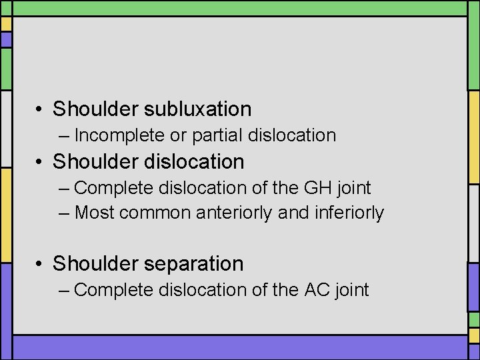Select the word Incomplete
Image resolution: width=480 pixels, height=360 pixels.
click(x=119, y=135)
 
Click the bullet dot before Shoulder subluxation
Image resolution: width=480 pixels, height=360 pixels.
click(x=41, y=109)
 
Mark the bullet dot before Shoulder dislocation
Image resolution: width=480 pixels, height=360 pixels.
click(x=41, y=162)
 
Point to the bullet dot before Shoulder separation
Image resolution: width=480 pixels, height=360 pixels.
click(x=41, y=264)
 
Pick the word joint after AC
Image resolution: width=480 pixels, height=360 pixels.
click(x=349, y=290)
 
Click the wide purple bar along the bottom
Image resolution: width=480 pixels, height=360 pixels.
click(x=240, y=347)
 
